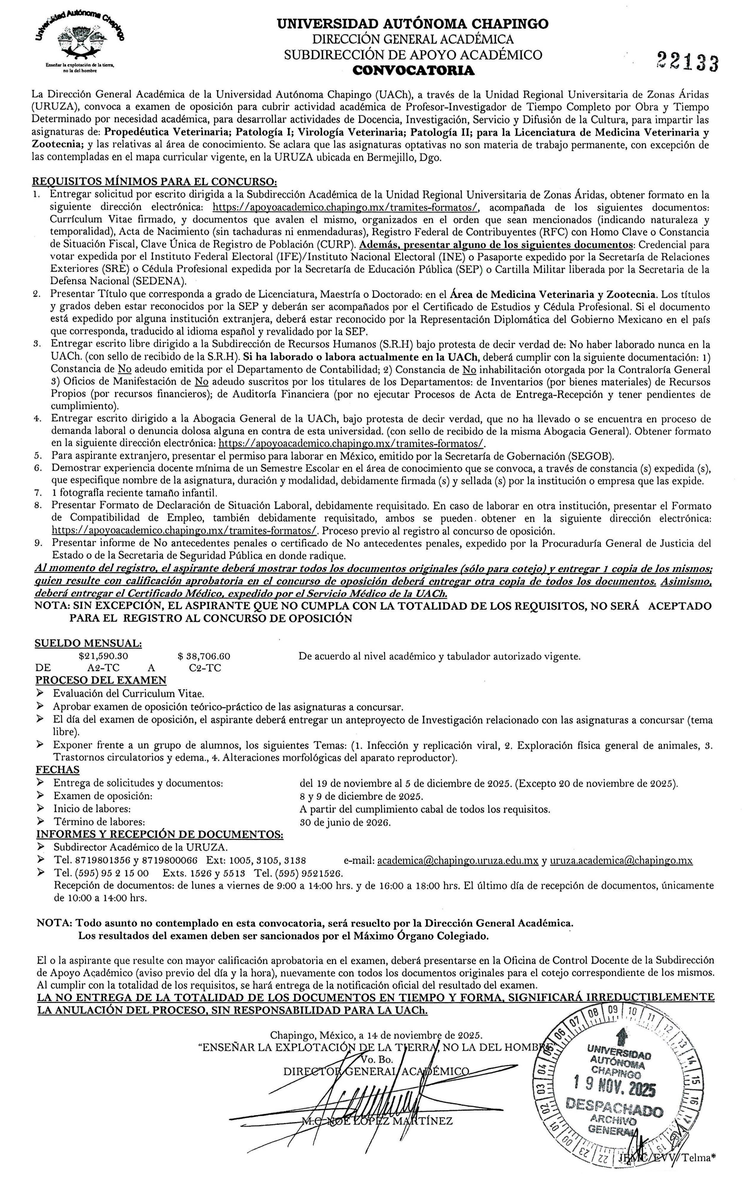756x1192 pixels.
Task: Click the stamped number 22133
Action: tap(687, 62)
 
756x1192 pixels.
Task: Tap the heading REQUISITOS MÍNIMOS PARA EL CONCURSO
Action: tap(154, 181)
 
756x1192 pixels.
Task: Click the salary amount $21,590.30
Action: tap(103, 656)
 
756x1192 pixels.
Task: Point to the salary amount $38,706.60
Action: tap(203, 656)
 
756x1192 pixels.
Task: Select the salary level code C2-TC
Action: tap(205, 668)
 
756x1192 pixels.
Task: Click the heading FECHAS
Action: tap(58, 770)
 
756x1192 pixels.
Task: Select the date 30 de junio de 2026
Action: tap(345, 823)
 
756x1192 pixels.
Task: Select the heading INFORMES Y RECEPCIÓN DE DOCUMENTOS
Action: tap(160, 835)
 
